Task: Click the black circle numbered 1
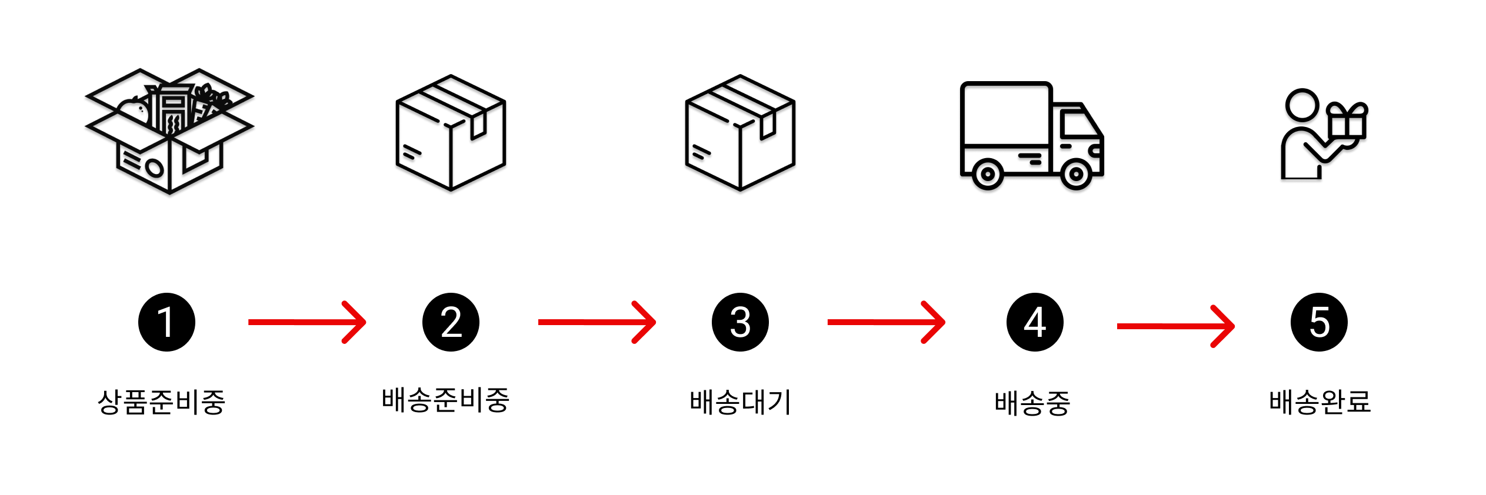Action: tap(166, 322)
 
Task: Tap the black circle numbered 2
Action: tap(451, 322)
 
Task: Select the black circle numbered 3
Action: tap(740, 322)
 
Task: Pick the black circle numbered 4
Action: tap(1035, 322)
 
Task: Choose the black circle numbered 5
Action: tap(1319, 322)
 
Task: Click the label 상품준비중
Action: tap(162, 403)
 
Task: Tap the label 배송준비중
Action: tap(445, 400)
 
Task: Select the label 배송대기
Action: tap(741, 403)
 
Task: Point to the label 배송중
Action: tap(1032, 404)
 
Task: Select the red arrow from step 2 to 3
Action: tap(597, 322)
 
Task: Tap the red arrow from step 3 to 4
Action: tap(886, 322)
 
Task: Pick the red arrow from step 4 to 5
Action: tap(1175, 326)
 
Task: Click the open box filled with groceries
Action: tap(169, 131)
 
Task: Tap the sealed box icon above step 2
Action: tap(451, 133)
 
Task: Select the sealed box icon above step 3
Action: tap(740, 133)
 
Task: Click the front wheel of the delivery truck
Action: tap(1076, 174)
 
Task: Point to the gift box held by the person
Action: tap(1347, 123)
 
